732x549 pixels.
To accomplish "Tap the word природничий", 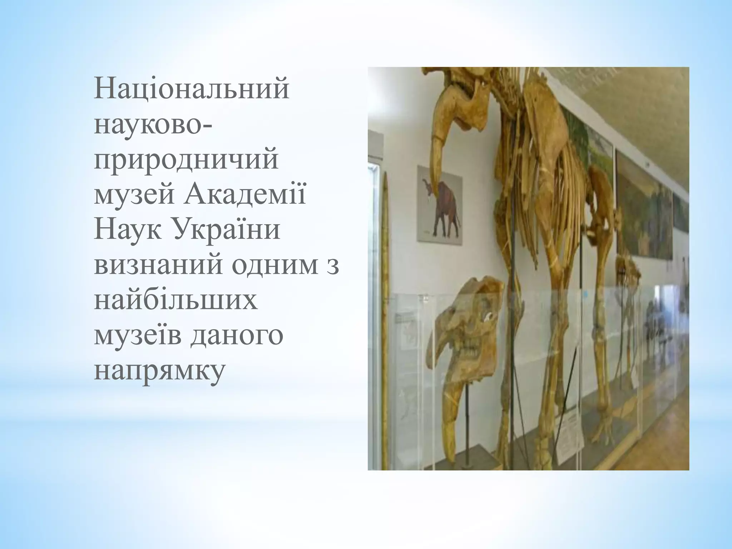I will click(186, 162).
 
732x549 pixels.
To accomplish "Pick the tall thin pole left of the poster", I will click(385, 286).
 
